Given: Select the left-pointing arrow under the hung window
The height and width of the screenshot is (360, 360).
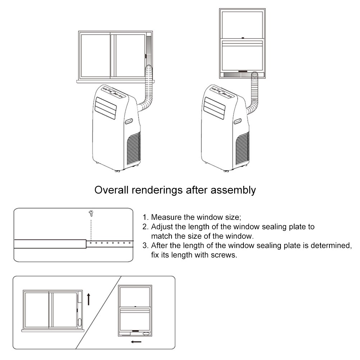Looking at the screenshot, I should (136, 342).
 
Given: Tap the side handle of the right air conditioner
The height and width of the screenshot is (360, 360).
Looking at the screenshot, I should (238, 122).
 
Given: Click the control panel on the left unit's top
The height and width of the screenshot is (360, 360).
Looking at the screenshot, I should (114, 92).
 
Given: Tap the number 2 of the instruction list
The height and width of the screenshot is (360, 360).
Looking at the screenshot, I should (145, 227).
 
